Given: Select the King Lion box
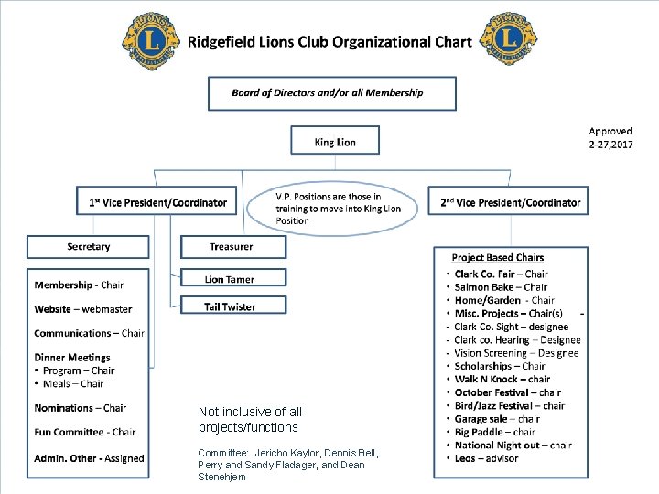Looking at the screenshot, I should point(335,142).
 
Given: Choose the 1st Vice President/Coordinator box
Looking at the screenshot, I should point(157,202).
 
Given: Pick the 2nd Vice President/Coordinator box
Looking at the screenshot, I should point(511,202).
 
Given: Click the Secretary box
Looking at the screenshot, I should point(88,247).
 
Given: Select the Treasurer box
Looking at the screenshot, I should point(232,247).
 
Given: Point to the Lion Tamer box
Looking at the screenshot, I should point(232,279).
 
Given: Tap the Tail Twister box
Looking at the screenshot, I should point(232,306).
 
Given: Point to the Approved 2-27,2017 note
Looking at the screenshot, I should point(610,137).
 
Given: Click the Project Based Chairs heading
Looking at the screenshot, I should point(498,258).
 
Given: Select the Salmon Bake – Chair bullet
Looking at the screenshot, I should point(501,287).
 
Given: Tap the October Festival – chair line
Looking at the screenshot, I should point(508,392).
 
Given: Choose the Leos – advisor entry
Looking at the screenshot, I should point(486,458).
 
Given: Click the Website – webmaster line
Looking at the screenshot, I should point(83,309).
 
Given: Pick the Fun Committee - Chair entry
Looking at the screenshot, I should point(84,432).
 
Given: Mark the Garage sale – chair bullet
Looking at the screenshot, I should point(497,419).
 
